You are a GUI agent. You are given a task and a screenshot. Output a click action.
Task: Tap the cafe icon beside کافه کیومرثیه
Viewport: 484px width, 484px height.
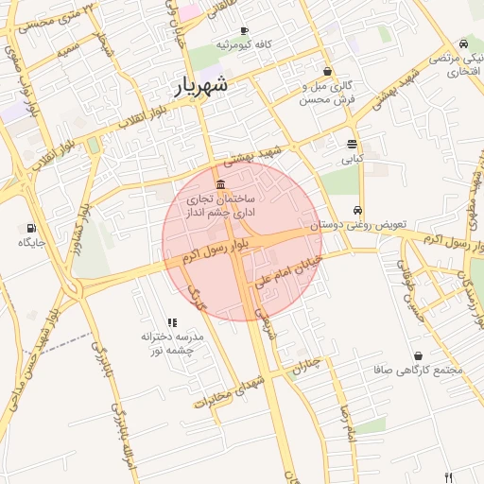click(x=245, y=31)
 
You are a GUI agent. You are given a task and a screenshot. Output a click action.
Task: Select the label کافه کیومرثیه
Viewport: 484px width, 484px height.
click(x=245, y=44)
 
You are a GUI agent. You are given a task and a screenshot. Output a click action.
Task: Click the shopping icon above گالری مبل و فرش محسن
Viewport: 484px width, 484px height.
click(x=327, y=71)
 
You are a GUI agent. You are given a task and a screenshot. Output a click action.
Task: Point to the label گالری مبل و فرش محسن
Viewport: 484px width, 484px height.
click(x=327, y=92)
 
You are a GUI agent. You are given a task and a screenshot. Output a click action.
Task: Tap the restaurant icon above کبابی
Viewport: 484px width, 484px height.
click(x=352, y=145)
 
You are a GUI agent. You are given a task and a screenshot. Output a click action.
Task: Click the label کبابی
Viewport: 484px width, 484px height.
click(x=352, y=159)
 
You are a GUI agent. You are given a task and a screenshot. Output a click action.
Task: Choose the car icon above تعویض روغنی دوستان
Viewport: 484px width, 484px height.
click(x=356, y=211)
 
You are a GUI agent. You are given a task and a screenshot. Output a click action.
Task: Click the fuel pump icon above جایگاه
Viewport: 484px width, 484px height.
click(x=31, y=228)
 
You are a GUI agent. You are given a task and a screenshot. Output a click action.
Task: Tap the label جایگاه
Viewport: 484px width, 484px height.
click(x=31, y=242)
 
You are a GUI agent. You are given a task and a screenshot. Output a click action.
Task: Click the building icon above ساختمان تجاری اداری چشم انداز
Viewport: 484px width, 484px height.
click(x=220, y=183)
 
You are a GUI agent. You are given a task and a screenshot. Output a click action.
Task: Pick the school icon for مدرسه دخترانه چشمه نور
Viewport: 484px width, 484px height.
click(x=172, y=322)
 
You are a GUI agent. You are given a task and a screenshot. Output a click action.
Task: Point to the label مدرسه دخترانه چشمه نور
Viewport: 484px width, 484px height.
click(x=172, y=343)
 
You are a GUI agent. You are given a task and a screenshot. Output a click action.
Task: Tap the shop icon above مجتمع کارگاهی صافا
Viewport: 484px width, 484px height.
click(x=418, y=355)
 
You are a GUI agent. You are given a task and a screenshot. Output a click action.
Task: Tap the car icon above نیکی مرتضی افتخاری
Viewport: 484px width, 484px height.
click(x=462, y=43)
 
